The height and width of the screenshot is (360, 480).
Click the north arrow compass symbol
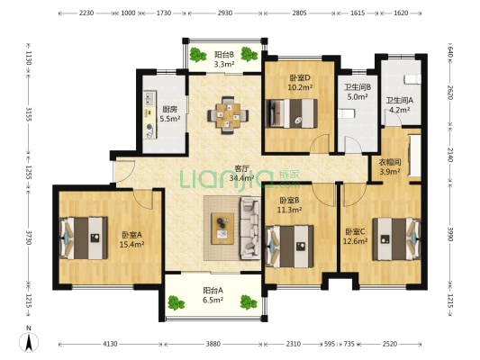[29, 342]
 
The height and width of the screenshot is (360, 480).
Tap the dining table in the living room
[228, 115]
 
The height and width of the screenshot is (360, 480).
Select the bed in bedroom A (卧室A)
[84, 238]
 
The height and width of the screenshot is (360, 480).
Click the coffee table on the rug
[222, 229]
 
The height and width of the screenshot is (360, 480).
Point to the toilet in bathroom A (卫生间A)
[412, 79]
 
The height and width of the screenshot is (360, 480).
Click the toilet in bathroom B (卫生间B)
[346, 113]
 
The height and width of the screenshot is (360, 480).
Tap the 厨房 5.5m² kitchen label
[170, 114]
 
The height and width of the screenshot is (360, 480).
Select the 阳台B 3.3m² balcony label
[224, 59]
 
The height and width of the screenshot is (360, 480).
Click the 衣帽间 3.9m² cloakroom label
[390, 167]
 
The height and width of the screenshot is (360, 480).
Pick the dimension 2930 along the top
[225, 13]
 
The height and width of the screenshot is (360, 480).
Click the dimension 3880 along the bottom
[213, 344]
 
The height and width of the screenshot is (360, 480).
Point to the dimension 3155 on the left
[28, 113]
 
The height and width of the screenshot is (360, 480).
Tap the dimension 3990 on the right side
[450, 234]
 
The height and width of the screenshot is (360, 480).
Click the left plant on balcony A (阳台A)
[176, 302]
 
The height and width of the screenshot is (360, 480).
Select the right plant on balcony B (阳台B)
[249, 54]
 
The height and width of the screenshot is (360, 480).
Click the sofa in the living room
[250, 229]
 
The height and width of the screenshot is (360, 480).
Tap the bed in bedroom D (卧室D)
[292, 112]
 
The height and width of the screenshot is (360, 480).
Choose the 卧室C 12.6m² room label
[355, 237]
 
